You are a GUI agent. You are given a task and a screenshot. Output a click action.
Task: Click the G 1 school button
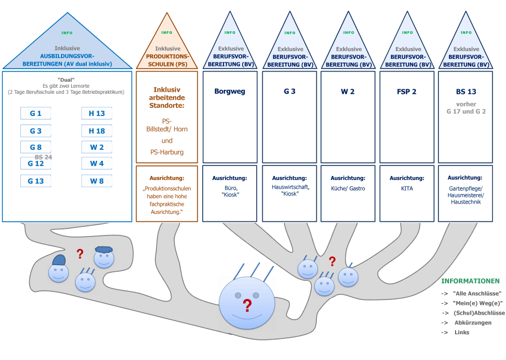tap(36, 113)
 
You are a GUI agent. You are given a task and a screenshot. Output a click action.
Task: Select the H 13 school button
tap(97, 113)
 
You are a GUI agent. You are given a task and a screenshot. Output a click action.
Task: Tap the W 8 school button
tap(97, 181)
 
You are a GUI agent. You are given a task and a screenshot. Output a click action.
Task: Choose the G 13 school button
tap(36, 181)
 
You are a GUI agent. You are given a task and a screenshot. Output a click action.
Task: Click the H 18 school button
tap(97, 131)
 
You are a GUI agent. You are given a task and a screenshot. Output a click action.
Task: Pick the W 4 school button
tap(97, 163)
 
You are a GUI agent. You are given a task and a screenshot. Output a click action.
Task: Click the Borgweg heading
tap(230, 92)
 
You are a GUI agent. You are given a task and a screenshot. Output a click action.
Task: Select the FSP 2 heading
tap(406, 92)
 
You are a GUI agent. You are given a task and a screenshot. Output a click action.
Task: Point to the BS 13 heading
tap(466, 92)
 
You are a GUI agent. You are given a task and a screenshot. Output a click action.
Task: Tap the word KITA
tap(407, 188)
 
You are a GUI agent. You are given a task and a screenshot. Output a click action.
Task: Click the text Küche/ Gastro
tap(348, 188)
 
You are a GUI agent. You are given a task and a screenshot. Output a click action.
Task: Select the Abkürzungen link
tap(473, 323)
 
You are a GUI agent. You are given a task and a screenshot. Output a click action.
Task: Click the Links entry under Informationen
tap(462, 332)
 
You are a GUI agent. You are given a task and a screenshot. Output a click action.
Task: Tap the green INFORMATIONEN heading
tap(470, 281)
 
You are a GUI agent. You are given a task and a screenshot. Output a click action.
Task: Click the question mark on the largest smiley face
tap(247, 306)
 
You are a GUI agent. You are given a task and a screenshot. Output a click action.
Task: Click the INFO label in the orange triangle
tap(166, 33)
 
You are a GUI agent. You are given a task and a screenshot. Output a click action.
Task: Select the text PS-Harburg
tap(167, 152)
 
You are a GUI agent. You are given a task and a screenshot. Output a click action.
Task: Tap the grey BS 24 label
tap(43, 157)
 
